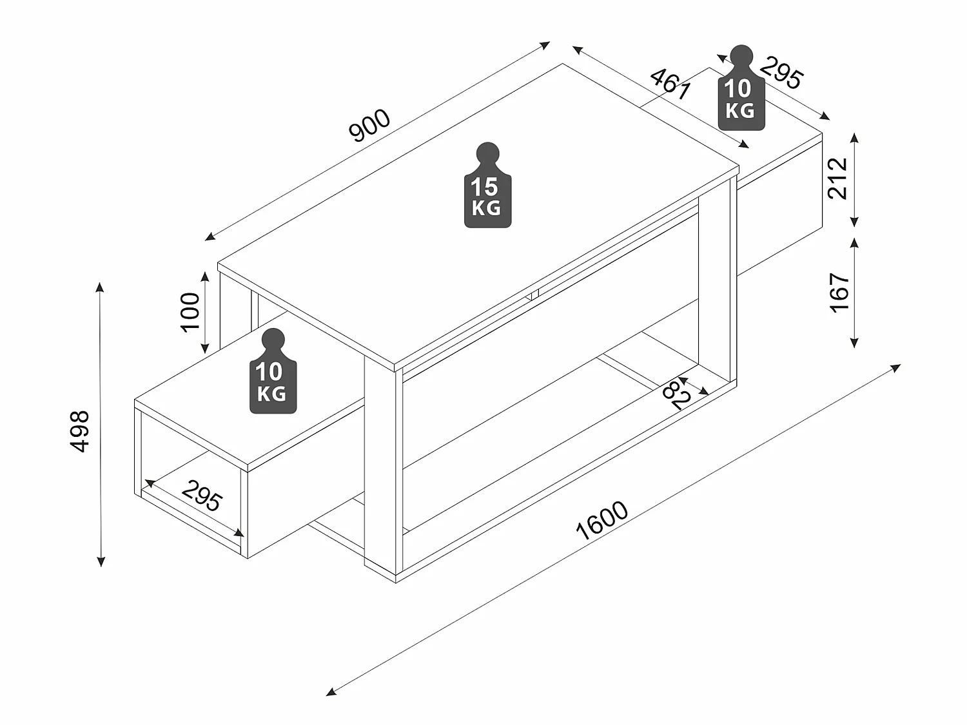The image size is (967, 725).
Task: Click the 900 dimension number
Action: point(369,126)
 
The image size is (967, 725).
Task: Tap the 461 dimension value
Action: point(670,84)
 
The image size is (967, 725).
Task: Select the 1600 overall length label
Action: point(601,520)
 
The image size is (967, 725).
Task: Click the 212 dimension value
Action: point(837,179)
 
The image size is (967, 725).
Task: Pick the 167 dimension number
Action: point(839,293)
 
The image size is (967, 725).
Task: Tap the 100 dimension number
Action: point(190,311)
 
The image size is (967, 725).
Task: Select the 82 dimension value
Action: point(677,394)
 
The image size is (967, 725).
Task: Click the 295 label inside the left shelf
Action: point(202,496)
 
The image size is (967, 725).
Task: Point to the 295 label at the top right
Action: point(782,73)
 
